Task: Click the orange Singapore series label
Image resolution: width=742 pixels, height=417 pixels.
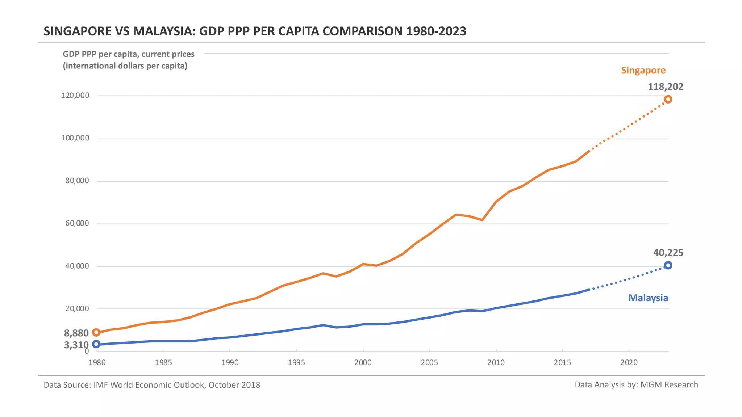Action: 643,70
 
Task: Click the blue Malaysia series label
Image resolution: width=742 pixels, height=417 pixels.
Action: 648,298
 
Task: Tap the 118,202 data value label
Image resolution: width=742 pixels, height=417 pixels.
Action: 665,87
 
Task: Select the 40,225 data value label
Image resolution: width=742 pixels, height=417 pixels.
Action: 668,253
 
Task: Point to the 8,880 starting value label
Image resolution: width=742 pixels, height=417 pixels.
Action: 76,333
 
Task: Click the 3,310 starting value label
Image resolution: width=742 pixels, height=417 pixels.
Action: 76,345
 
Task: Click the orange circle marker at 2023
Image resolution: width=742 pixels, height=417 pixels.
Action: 668,99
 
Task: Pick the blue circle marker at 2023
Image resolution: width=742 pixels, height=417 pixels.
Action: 668,265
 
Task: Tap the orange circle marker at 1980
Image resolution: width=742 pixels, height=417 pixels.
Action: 96,332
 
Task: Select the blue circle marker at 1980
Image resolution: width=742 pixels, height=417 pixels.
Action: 96,344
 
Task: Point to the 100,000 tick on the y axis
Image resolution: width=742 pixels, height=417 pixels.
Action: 75,138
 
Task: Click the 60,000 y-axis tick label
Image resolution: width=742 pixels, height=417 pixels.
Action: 77,223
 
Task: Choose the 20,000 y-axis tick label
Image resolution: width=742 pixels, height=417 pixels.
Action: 77,309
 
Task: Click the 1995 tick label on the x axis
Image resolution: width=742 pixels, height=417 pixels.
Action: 296,363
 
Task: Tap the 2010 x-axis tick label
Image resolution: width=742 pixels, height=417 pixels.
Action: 496,363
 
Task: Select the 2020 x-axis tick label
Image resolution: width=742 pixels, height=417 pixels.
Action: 629,363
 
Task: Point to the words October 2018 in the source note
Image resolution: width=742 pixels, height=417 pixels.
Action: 234,385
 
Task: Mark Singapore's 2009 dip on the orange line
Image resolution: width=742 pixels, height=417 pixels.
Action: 482,220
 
